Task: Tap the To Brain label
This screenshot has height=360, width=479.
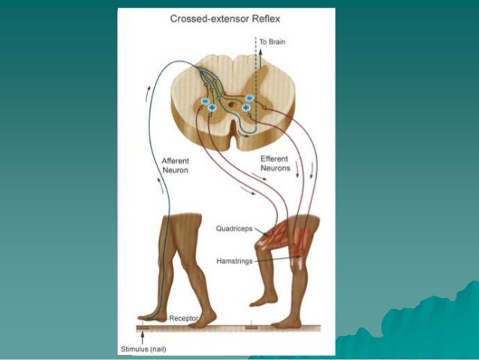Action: point(273,42)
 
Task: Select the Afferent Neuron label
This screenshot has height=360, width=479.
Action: point(175,165)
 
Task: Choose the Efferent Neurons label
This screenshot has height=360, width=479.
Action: point(276,165)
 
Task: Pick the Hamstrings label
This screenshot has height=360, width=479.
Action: point(235,260)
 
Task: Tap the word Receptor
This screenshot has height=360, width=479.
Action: point(183,319)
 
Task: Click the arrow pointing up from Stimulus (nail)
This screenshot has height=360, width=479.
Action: point(142,335)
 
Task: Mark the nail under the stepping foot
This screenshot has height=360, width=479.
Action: point(142,326)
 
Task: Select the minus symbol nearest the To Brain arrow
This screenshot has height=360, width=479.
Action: point(249,98)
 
